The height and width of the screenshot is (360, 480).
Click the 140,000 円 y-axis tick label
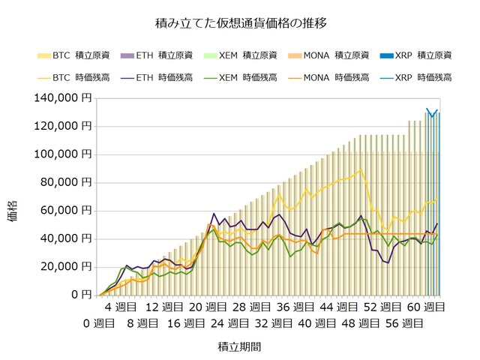point(64,97)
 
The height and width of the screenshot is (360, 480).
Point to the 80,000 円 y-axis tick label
point(67,182)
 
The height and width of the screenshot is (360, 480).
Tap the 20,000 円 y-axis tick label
point(67,266)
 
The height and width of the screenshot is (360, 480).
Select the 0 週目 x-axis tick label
point(99,323)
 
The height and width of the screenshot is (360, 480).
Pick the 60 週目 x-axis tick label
point(425,307)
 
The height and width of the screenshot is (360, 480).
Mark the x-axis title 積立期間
point(239,346)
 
